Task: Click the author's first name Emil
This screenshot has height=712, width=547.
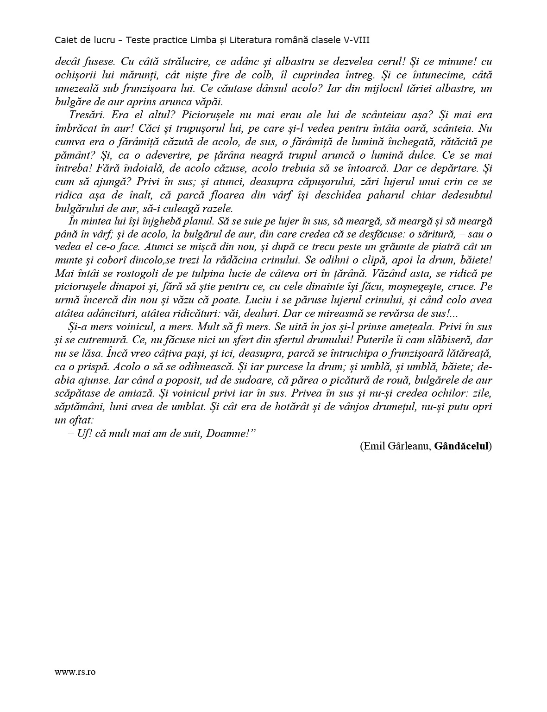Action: click(x=372, y=446)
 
